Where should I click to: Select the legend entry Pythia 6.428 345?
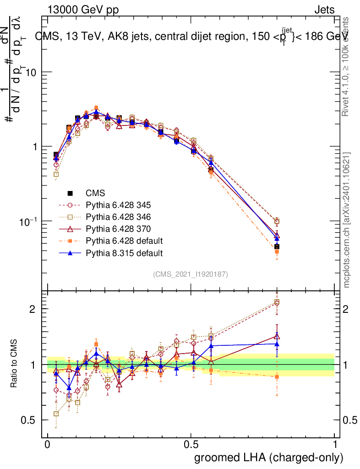pos(118,205)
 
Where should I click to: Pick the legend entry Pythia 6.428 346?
pos(118,217)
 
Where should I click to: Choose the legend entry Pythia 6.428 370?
pos(118,229)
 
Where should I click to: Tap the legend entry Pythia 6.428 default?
pos(123,241)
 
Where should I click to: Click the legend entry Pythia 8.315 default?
pos(123,253)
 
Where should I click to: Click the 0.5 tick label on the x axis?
pos(191,445)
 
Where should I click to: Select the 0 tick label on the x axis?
pos(48,445)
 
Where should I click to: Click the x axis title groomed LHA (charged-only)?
pos(269,458)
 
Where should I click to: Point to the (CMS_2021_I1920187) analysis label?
pos(191,274)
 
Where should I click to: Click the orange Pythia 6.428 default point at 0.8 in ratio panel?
pos(277,376)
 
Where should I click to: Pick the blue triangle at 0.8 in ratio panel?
pos(277,344)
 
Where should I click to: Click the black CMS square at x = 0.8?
pos(277,247)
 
